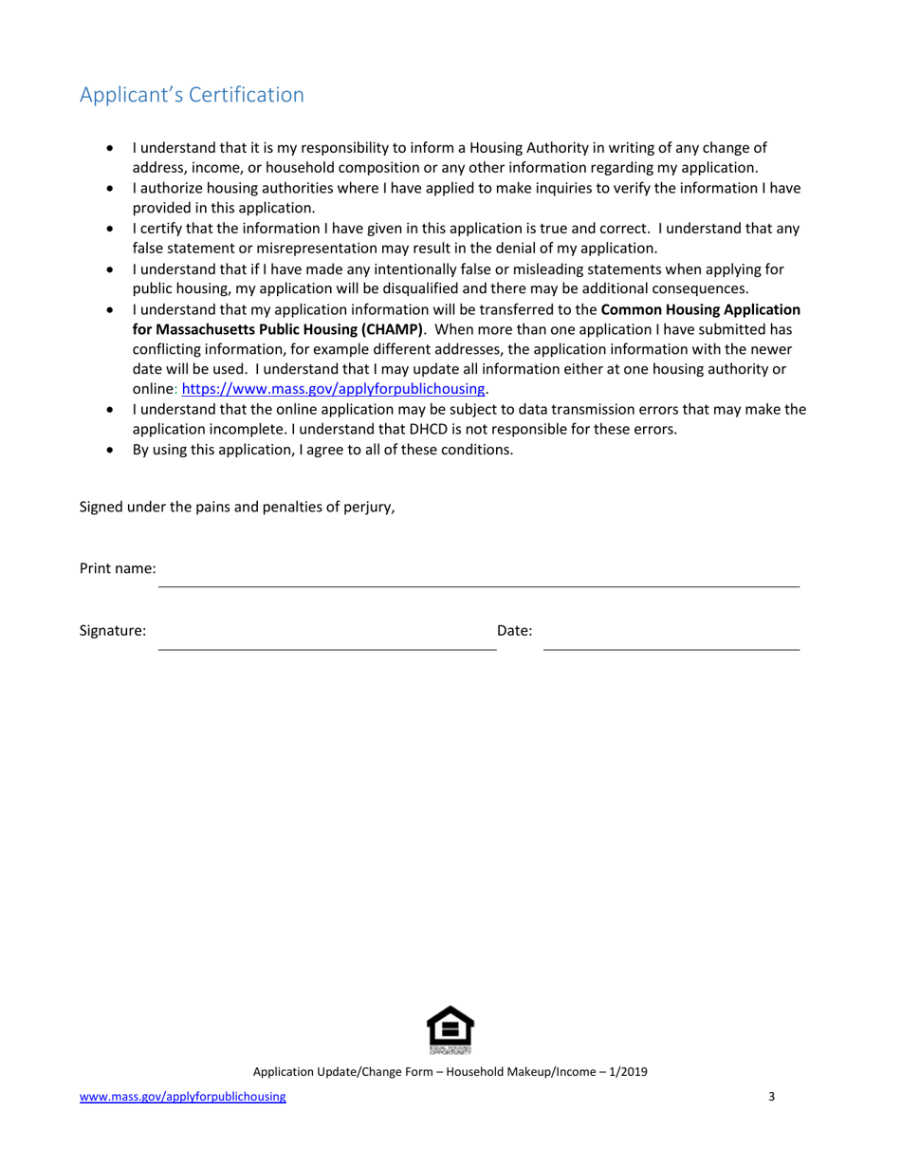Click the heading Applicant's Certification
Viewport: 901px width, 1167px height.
point(192,96)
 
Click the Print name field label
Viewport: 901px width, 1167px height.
point(117,569)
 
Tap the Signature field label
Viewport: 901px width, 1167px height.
point(113,630)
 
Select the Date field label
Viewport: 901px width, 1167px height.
point(514,630)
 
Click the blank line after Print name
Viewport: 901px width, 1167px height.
point(478,579)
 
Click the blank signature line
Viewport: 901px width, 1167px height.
point(326,641)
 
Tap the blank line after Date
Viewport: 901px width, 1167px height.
point(671,641)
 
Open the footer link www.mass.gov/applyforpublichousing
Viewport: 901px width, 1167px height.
point(182,1097)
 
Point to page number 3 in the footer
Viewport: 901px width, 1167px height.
point(771,1097)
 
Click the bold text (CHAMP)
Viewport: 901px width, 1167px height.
point(387,329)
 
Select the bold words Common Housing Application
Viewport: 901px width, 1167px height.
point(700,309)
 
